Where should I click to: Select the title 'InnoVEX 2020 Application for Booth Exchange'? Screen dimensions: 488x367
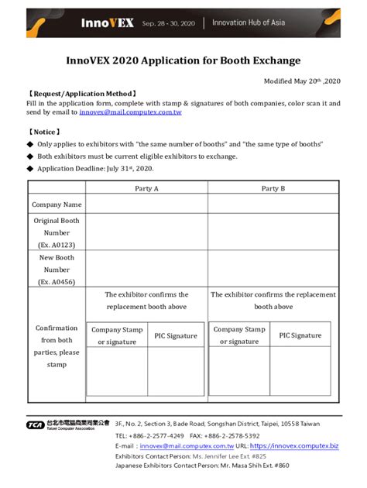(x=183, y=60)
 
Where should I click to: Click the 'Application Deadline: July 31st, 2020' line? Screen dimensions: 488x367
(x=95, y=167)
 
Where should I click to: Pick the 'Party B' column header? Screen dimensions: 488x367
(x=273, y=188)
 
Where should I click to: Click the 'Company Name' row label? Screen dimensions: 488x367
(x=57, y=204)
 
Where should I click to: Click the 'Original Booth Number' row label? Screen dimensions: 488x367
(x=57, y=232)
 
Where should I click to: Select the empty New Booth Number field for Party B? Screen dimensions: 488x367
(x=273, y=268)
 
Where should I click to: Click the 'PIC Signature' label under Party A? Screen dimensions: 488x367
(x=176, y=335)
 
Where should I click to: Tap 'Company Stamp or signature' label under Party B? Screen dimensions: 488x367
(x=239, y=335)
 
